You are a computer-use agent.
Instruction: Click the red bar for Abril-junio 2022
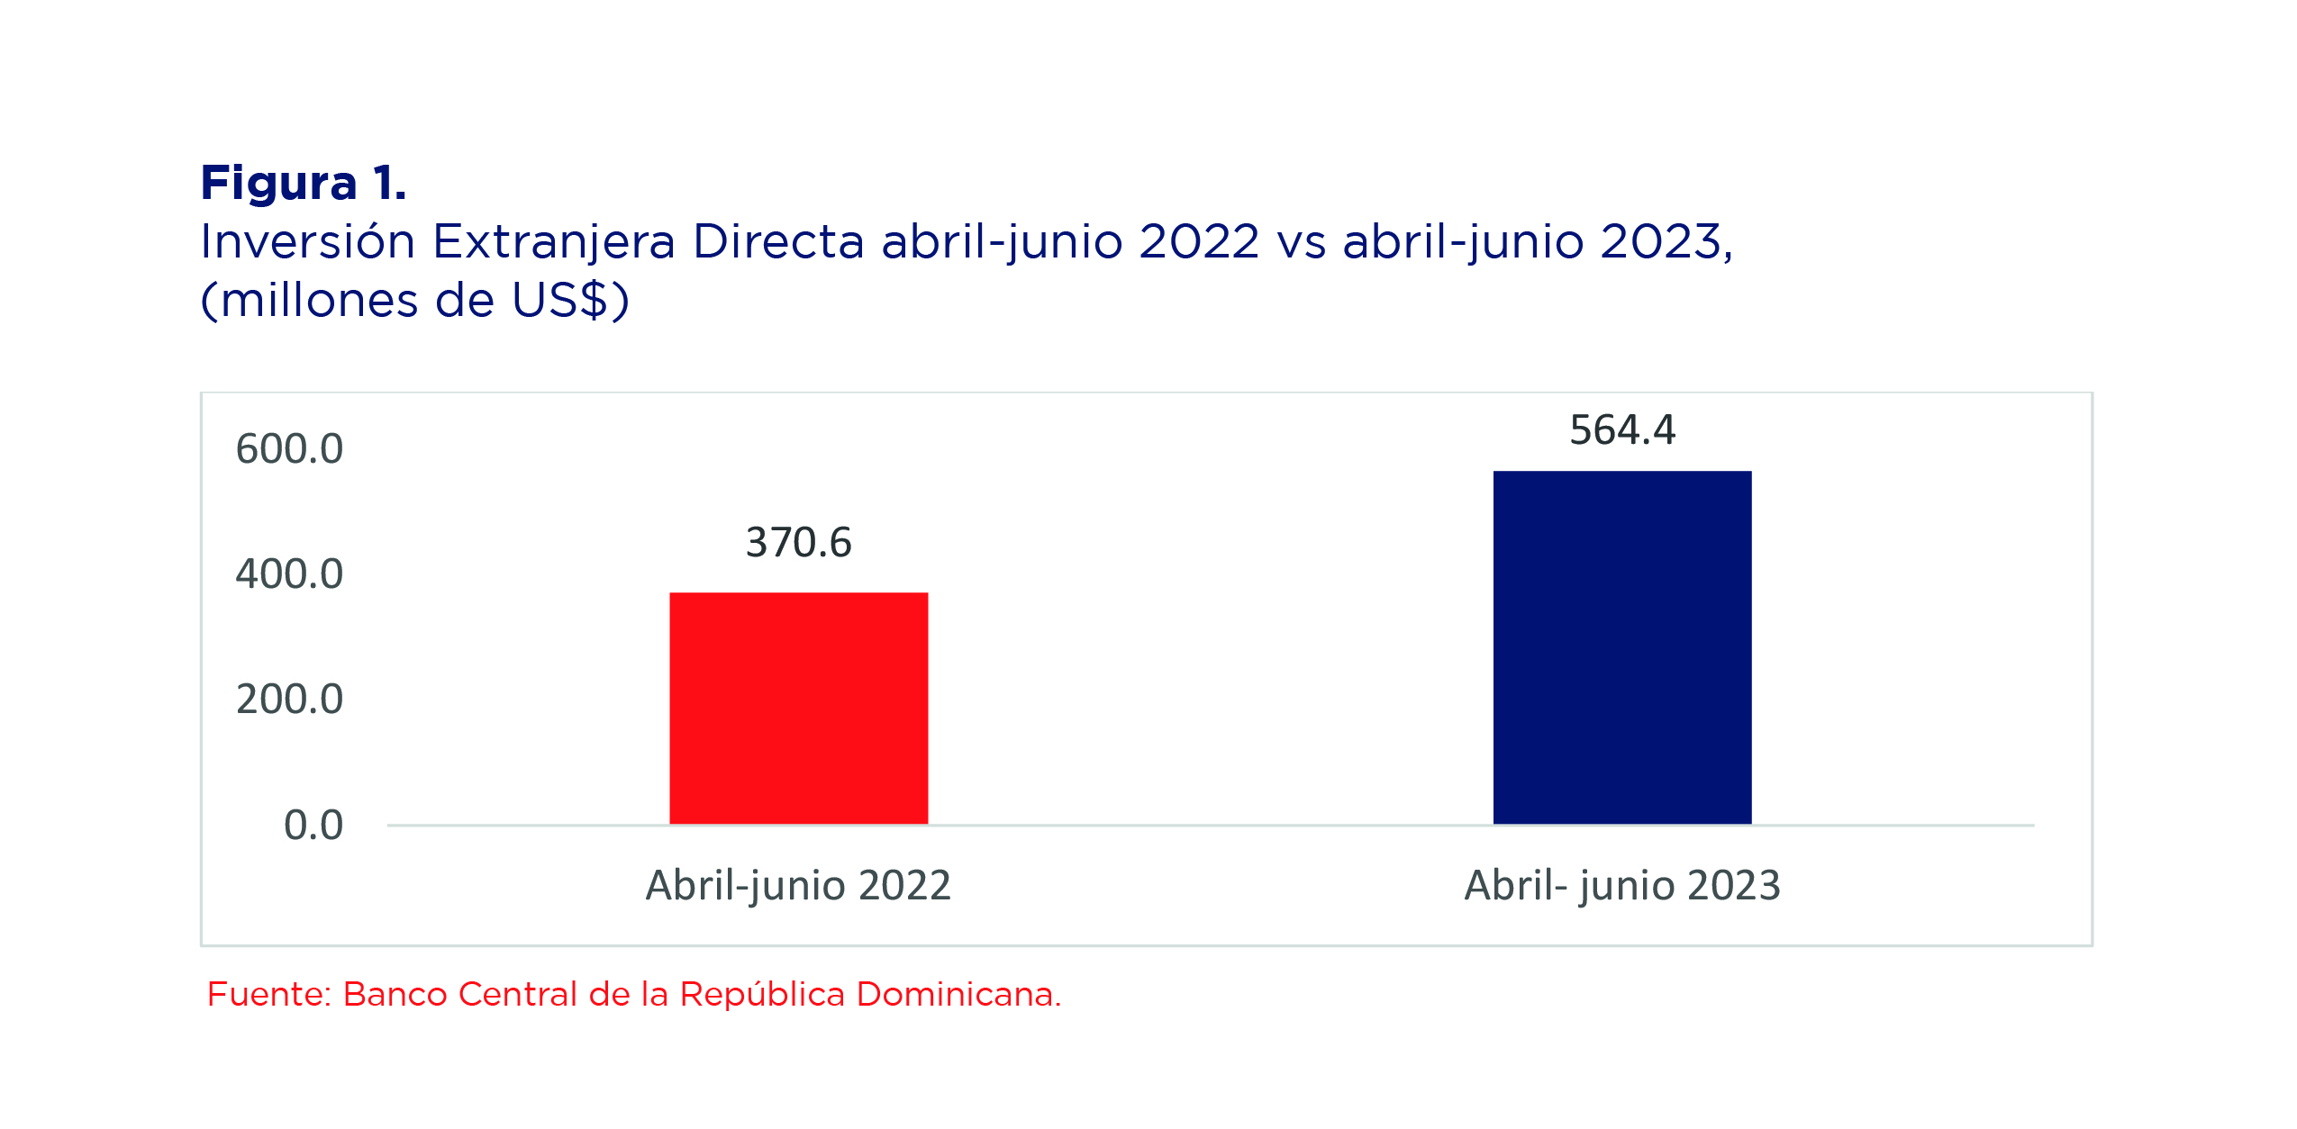(x=798, y=708)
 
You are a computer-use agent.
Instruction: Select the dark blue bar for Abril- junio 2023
(x=1622, y=647)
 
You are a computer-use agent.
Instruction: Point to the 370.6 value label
(x=798, y=542)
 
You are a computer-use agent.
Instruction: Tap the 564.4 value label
(x=1622, y=429)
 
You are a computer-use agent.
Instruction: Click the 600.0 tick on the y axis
(x=289, y=448)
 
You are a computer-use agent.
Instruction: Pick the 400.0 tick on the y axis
(x=289, y=574)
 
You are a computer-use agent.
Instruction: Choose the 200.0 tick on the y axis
(x=289, y=699)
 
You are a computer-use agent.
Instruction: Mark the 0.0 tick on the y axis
(x=313, y=825)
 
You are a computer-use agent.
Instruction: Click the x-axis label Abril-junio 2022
(x=798, y=886)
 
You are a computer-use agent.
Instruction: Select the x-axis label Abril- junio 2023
(x=1622, y=886)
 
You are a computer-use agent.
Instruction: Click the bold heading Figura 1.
(x=304, y=183)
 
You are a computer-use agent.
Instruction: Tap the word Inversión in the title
(x=307, y=241)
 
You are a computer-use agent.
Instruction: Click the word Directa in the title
(x=778, y=241)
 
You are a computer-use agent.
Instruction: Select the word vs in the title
(x=1301, y=245)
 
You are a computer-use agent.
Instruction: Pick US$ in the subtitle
(x=560, y=300)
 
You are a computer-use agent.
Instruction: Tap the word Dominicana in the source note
(x=958, y=994)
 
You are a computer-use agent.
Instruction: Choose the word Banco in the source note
(x=395, y=994)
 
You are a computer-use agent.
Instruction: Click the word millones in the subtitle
(x=320, y=300)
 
